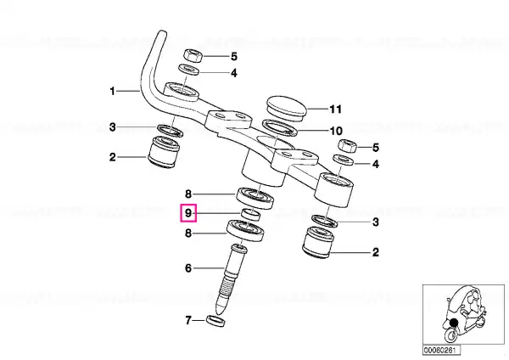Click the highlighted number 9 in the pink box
[x=188, y=213]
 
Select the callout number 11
[x=336, y=110]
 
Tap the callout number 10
[x=336, y=131]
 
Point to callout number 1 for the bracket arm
[x=112, y=92]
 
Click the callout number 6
[x=188, y=268]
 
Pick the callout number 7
[x=188, y=320]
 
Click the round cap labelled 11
[x=287, y=108]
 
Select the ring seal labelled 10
[x=279, y=127]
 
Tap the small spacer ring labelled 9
[x=251, y=215]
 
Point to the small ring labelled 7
[x=215, y=321]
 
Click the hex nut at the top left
[x=193, y=55]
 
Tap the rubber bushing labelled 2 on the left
[x=164, y=152]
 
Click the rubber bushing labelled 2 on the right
[x=318, y=243]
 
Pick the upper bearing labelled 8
[x=255, y=198]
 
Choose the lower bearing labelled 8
[x=245, y=230]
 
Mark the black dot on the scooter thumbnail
[x=454, y=323]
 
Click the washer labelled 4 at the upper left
[x=190, y=70]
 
